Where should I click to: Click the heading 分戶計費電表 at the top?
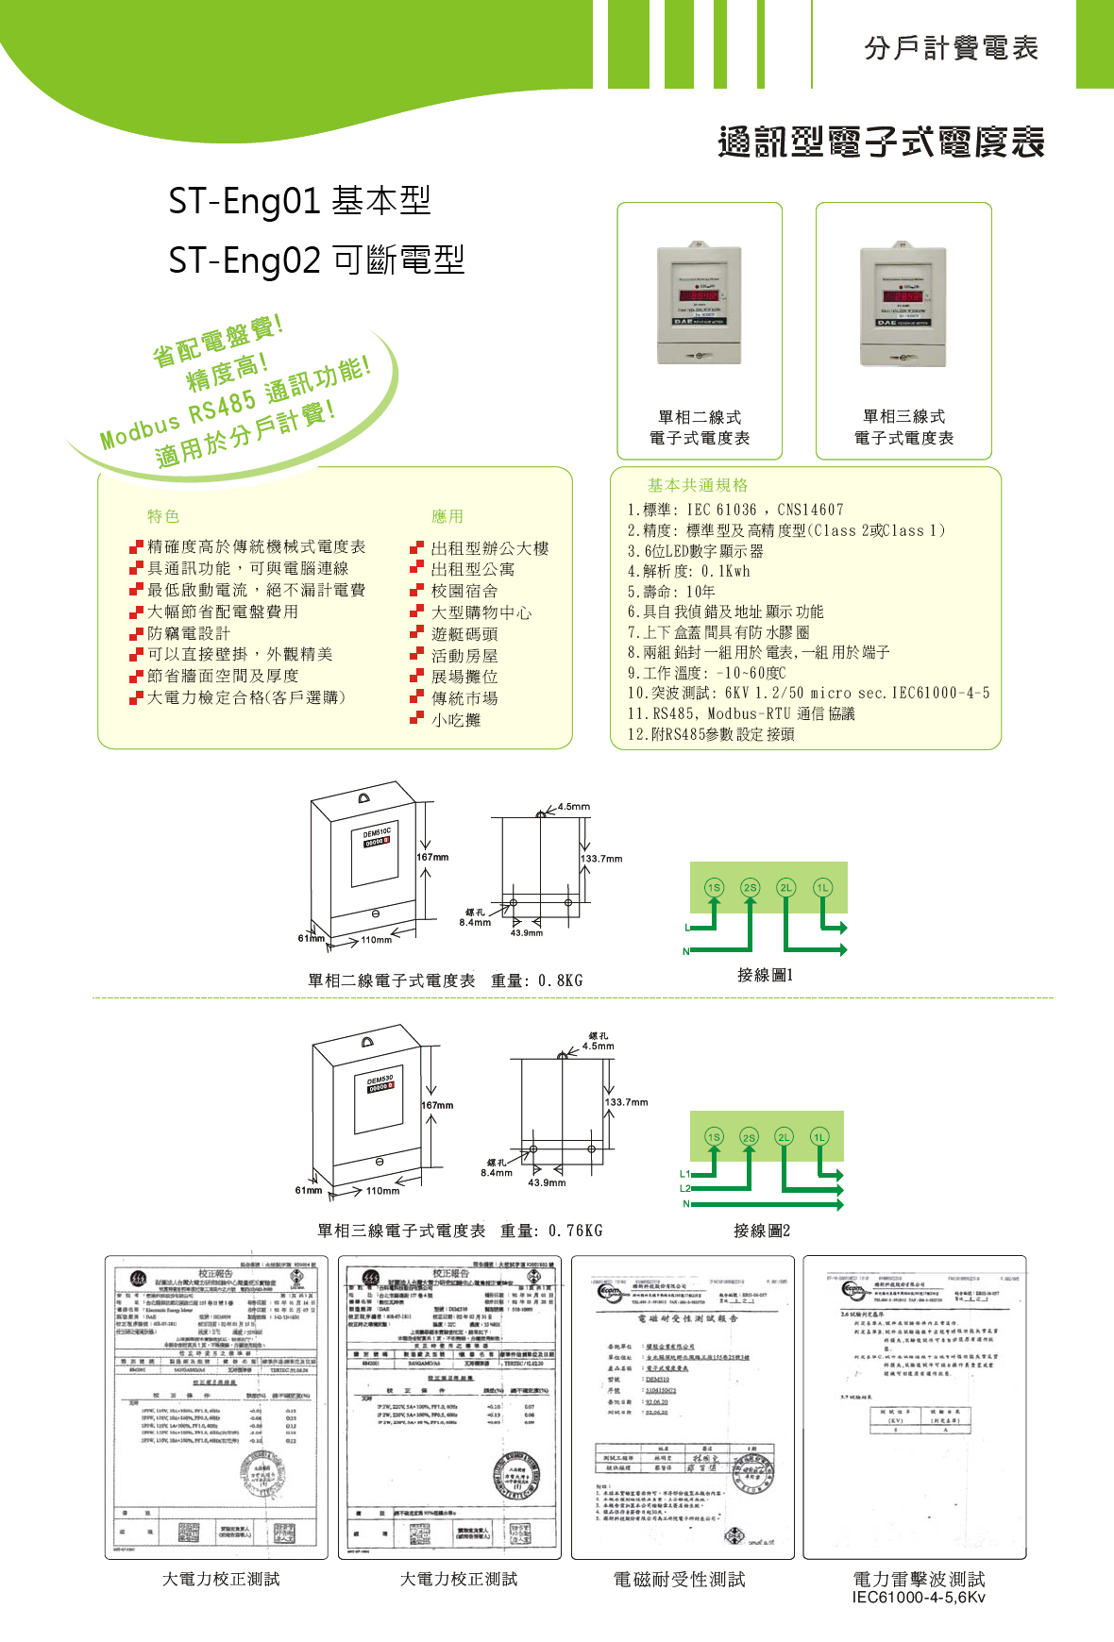point(951,47)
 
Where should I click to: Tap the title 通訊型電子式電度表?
point(881,142)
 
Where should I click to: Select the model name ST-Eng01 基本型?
point(299,200)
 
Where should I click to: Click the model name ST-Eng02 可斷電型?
point(316,260)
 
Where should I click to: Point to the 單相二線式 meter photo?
point(700,305)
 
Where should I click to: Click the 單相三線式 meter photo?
point(903,306)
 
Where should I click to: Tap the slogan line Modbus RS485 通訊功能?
point(235,404)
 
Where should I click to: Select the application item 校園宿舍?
point(464,591)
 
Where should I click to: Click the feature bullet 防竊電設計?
point(189,633)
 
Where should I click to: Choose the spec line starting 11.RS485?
point(741,713)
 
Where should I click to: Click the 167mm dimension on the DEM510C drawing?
point(433,857)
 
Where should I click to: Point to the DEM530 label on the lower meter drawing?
point(380,1079)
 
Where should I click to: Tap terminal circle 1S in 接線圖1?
point(714,887)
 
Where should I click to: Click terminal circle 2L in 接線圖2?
point(784,1137)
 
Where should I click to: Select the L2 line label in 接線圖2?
point(685,1188)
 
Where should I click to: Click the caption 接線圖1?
point(765,975)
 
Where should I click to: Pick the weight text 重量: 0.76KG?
point(551,1231)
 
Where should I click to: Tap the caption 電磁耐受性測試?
point(679,1579)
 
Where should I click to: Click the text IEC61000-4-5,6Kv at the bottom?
point(918,1598)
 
